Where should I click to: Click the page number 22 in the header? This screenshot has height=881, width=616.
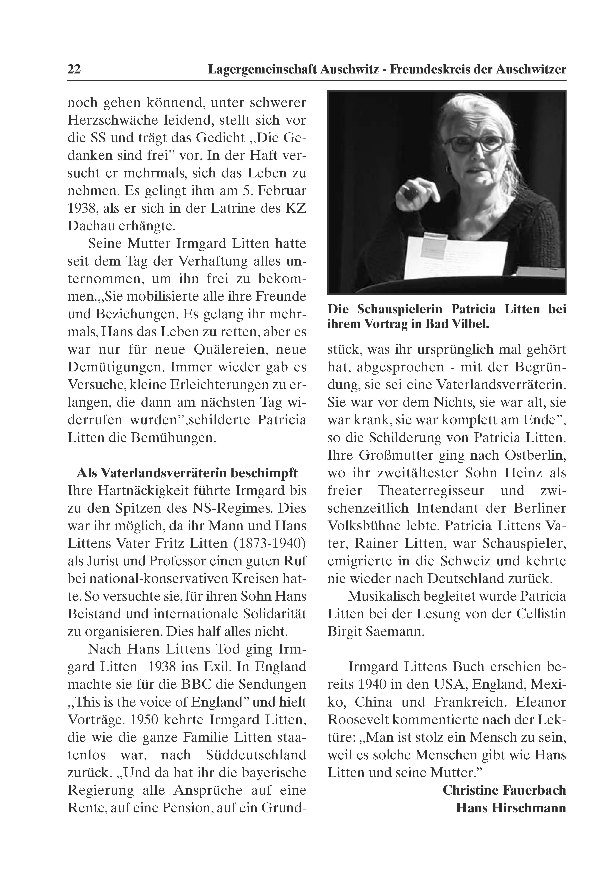pyautogui.click(x=74, y=69)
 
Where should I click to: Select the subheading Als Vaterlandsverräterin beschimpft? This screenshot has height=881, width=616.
pyautogui.click(x=187, y=473)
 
